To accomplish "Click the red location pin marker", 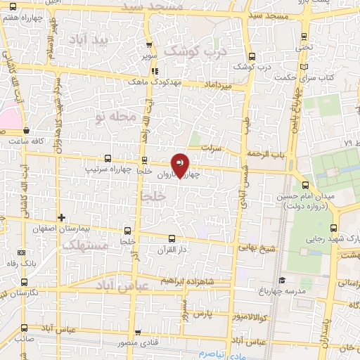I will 180,165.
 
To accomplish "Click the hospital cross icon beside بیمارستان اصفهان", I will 62,217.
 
